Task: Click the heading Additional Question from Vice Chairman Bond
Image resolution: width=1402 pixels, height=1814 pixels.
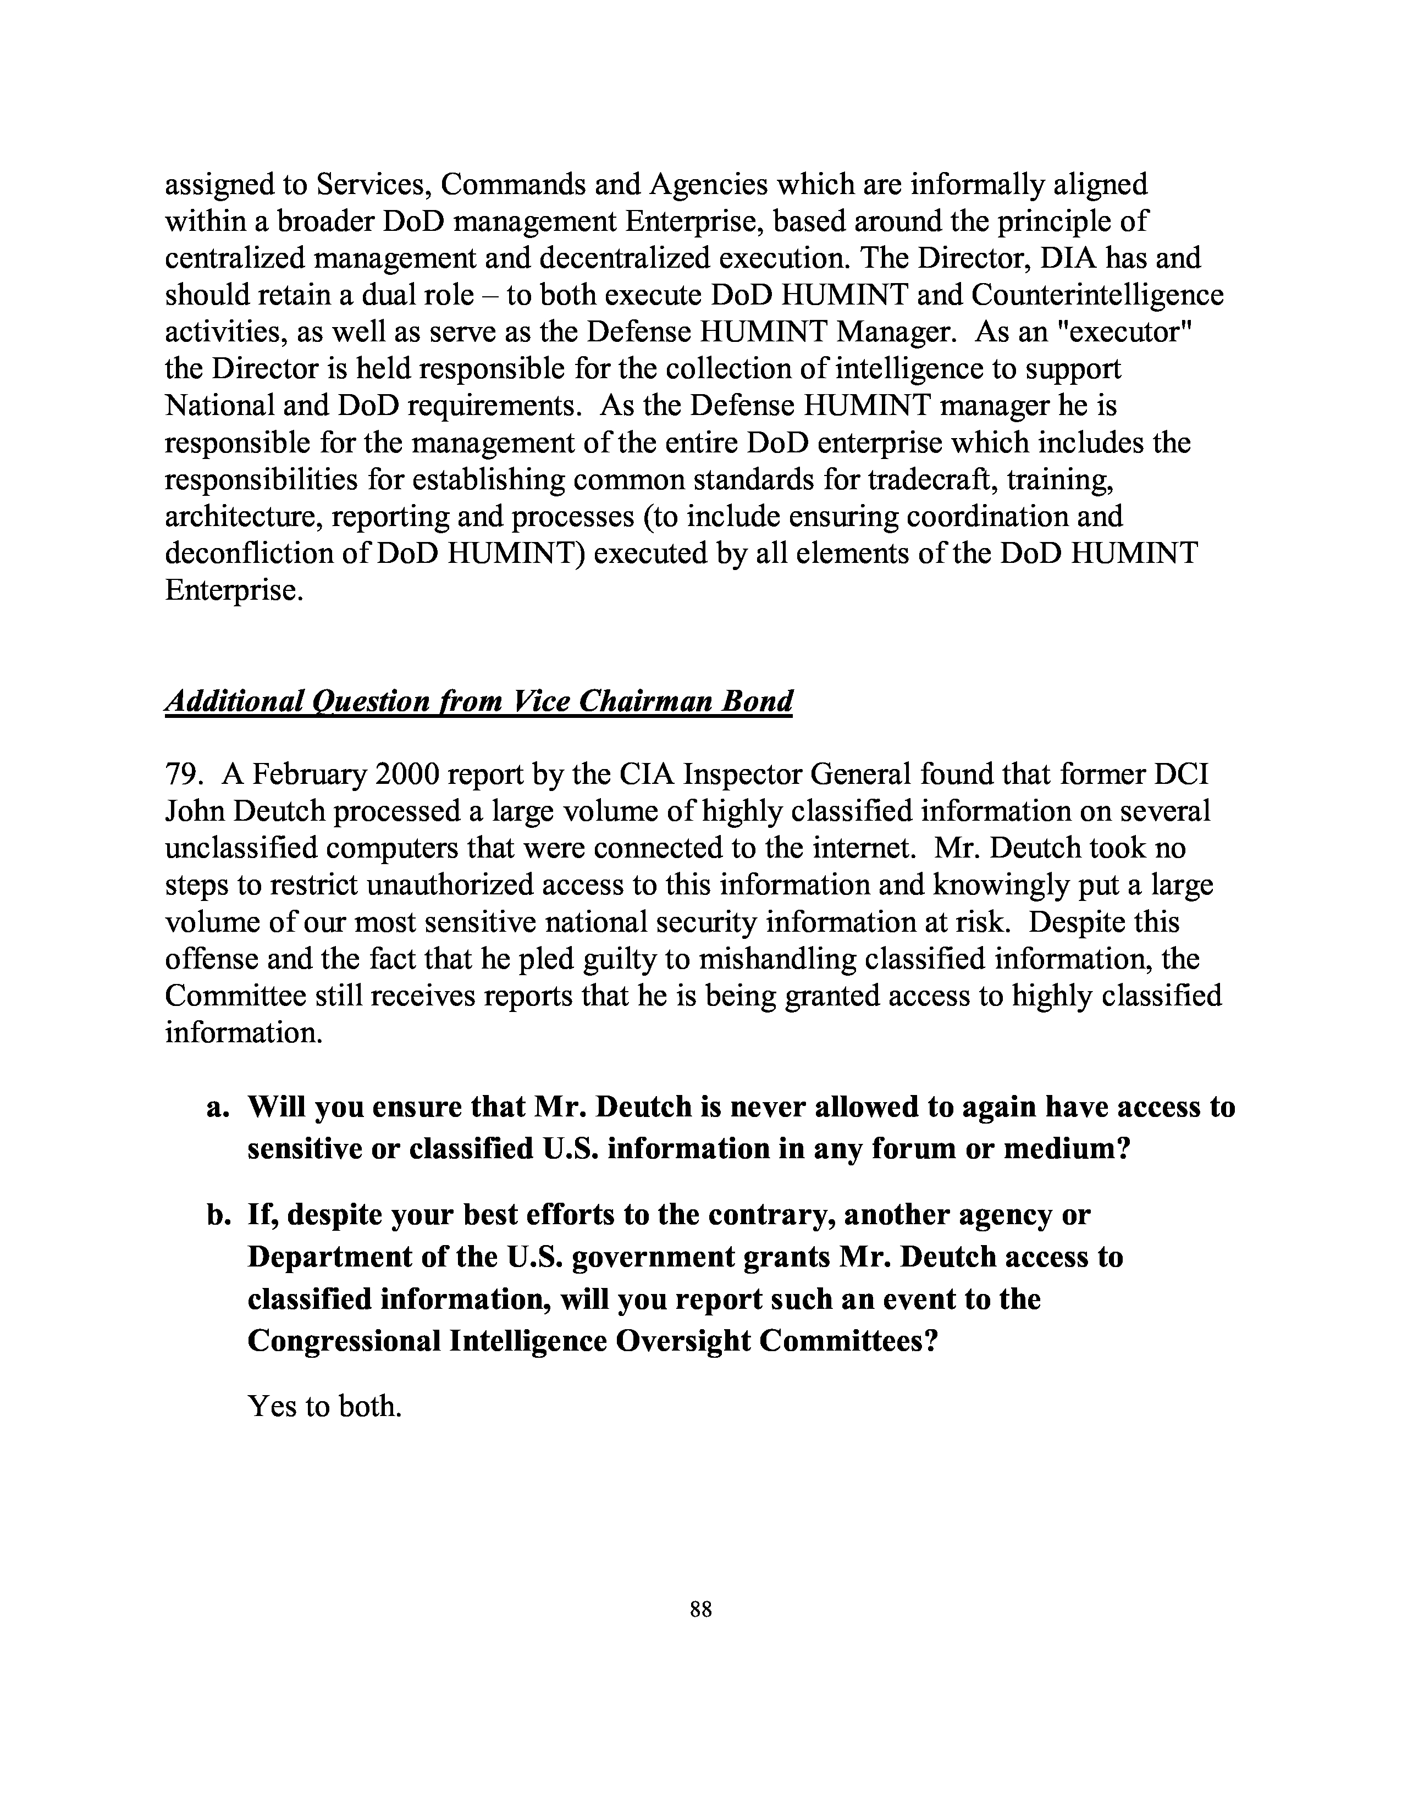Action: [478, 702]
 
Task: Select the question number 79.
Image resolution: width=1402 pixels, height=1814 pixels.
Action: [183, 774]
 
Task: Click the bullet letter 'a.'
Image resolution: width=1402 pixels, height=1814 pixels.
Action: [218, 1107]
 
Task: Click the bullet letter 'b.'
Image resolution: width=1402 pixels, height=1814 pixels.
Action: [218, 1215]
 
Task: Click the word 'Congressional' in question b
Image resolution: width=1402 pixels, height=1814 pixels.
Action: [344, 1341]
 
